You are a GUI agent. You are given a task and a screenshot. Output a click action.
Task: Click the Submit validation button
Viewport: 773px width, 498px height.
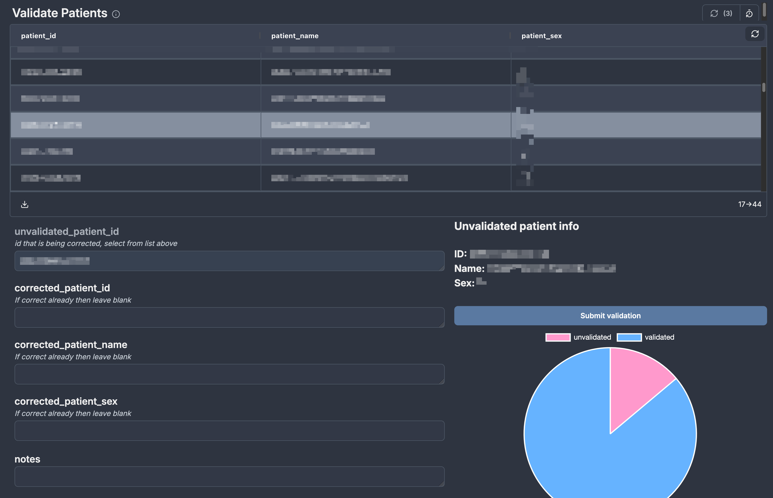(610, 316)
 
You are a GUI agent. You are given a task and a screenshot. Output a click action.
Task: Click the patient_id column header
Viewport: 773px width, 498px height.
(39, 36)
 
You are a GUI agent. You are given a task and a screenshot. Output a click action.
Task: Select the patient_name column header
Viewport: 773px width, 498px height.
(295, 36)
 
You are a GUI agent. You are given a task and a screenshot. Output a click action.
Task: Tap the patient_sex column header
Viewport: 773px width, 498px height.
(541, 36)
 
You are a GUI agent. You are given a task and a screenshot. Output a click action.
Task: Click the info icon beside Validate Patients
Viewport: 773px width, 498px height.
(116, 14)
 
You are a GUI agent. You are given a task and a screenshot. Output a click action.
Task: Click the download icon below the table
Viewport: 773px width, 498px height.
(25, 204)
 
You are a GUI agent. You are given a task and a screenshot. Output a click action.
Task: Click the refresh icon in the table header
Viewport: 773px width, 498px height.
(755, 34)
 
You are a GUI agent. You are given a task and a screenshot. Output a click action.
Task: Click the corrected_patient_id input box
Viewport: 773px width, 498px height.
(229, 317)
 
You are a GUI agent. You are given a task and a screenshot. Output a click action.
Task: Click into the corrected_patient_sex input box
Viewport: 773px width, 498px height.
(229, 430)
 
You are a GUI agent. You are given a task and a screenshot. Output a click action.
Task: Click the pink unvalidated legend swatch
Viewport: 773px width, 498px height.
(558, 337)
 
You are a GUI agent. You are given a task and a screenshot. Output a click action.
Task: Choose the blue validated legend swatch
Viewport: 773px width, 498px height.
(629, 337)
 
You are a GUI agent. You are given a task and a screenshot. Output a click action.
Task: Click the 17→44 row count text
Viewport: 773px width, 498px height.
(749, 204)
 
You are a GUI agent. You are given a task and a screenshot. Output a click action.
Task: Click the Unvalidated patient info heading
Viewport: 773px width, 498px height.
(516, 226)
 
